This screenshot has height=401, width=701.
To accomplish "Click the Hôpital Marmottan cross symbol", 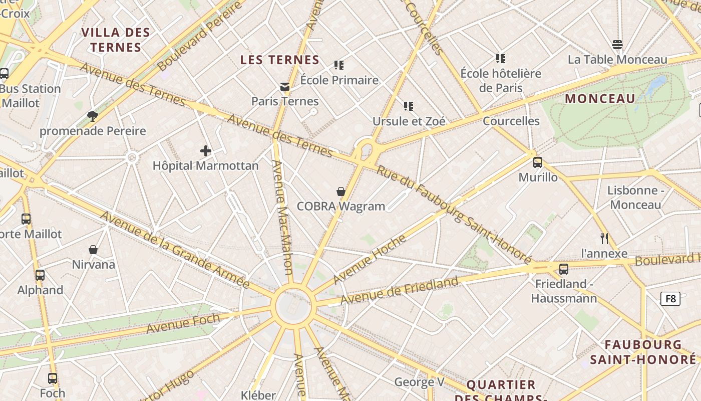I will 206,150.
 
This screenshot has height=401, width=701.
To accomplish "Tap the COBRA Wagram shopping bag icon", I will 341,191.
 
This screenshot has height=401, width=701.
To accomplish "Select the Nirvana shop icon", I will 93,250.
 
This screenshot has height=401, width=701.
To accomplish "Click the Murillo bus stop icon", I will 538,162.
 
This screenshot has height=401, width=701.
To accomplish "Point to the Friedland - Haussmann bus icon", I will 564,269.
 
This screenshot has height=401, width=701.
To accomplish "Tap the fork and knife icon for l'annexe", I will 604,239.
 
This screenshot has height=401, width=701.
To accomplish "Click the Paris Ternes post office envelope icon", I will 285,87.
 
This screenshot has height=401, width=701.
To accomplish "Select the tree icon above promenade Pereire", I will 92,116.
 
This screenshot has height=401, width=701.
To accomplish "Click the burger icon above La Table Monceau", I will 617,45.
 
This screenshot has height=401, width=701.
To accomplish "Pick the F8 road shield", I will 670,299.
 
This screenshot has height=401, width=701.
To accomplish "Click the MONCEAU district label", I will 600,99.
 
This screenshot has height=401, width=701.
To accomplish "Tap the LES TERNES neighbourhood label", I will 280,60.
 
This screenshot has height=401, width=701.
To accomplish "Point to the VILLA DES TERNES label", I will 116,40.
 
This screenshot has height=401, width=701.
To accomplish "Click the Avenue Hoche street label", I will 370,259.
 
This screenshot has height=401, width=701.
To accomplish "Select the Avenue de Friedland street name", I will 399,290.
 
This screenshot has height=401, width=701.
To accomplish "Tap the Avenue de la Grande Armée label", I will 175,250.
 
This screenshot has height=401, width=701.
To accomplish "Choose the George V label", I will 419,382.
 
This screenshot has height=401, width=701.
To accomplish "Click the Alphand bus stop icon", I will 40,275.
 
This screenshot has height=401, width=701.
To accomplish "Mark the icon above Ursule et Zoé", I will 409,106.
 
